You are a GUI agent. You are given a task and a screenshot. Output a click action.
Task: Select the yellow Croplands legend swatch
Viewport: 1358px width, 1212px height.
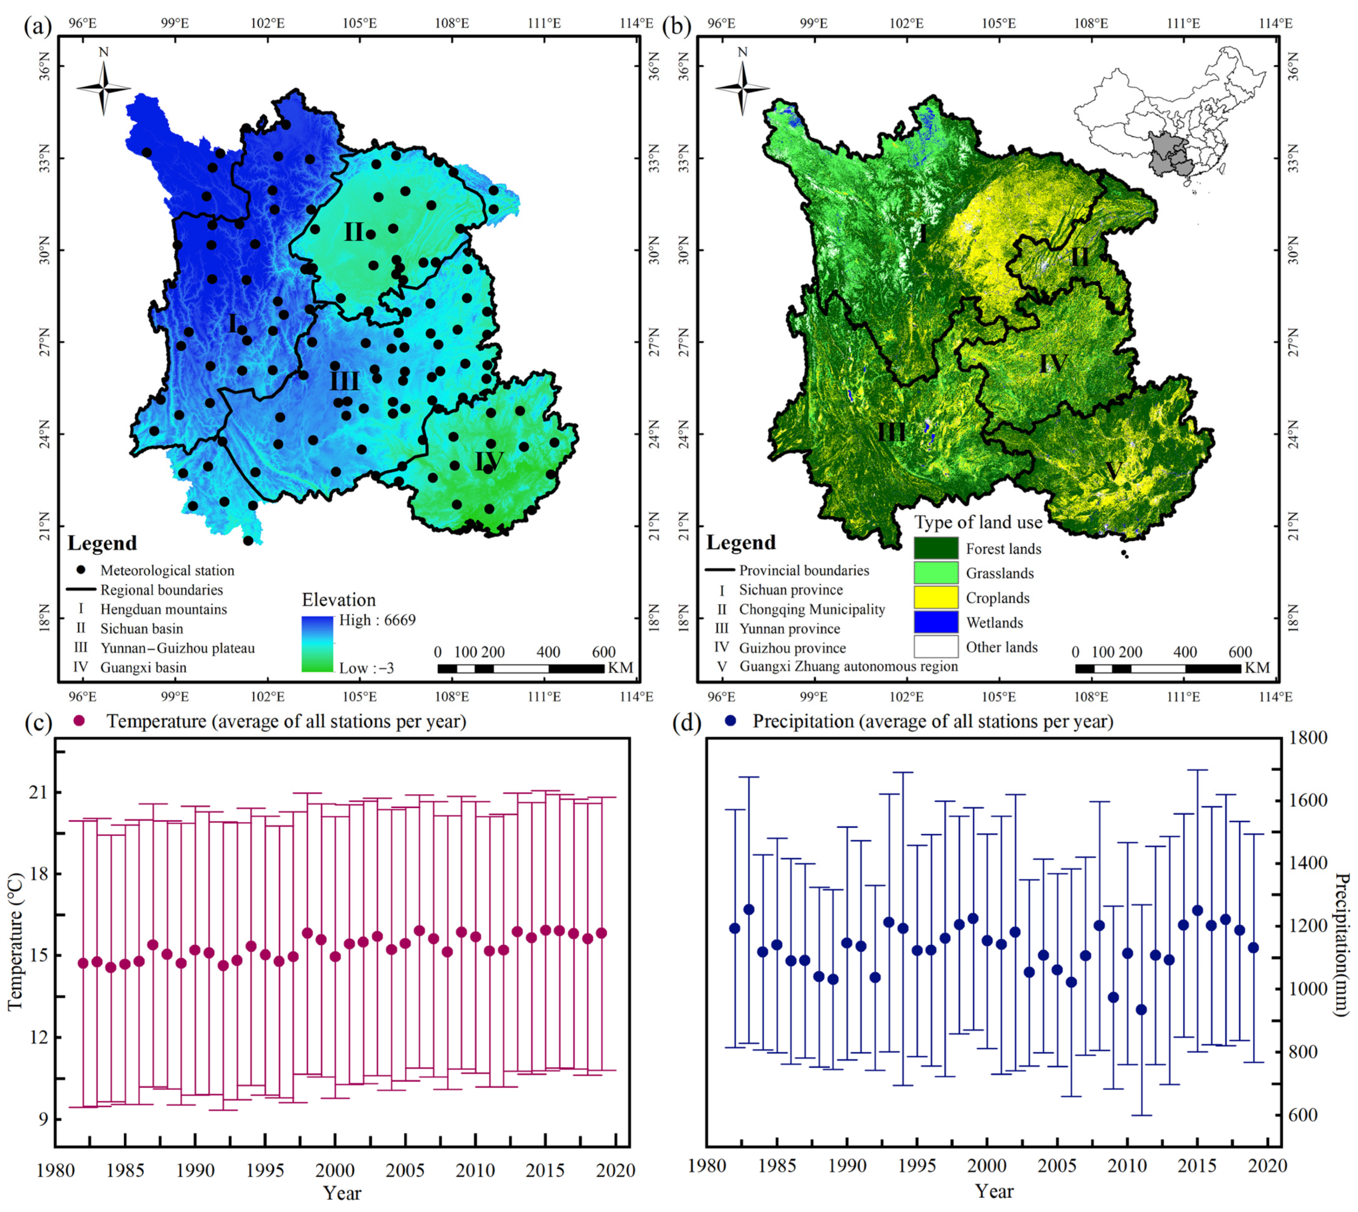coord(935,597)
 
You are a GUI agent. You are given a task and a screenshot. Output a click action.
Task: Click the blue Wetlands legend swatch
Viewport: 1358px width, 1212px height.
coord(935,622)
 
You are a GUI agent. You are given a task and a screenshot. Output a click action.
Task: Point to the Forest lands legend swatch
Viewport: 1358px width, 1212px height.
coord(935,548)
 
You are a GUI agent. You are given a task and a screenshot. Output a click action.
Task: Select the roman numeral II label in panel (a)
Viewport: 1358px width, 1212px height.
coord(354,232)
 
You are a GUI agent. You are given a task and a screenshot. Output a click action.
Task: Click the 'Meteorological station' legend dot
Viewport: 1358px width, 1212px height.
coord(81,570)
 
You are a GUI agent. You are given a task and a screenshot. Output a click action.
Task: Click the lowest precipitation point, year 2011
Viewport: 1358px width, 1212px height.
coord(1141,1010)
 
